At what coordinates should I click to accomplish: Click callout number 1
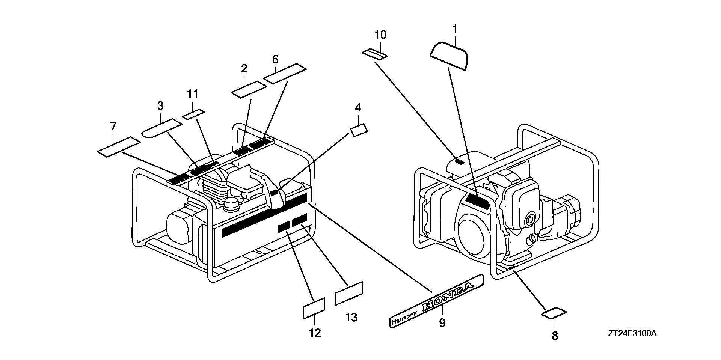click(x=455, y=29)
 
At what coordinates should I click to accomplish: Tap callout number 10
click(x=380, y=35)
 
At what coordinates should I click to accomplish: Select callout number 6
click(x=275, y=59)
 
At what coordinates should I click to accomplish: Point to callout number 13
click(x=351, y=318)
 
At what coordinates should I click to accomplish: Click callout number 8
click(x=555, y=336)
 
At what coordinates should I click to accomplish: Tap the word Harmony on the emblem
click(x=404, y=317)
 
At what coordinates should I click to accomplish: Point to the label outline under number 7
click(x=119, y=146)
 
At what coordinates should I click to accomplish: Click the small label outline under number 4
click(x=359, y=130)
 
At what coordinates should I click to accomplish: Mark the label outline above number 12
click(x=314, y=309)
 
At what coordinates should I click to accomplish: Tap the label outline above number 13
click(x=349, y=293)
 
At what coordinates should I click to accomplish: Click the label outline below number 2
click(x=249, y=89)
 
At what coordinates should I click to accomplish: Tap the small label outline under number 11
click(x=194, y=114)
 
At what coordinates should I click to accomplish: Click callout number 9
click(x=442, y=322)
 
